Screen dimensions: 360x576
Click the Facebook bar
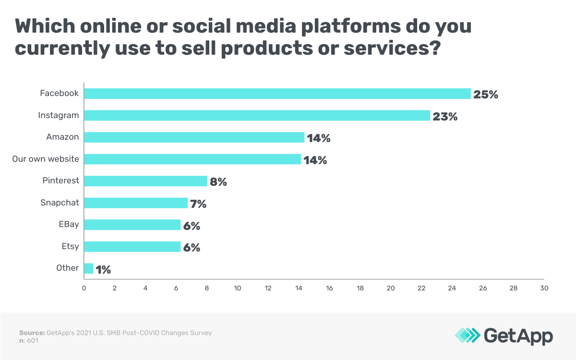tap(277, 94)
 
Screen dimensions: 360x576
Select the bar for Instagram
tap(257, 116)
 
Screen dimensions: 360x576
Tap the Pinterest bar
tap(145, 181)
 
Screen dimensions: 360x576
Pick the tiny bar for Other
tap(89, 268)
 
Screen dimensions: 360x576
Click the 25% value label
tap(486, 95)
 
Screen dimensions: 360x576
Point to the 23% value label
tap(445, 117)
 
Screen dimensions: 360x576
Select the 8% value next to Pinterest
tap(218, 182)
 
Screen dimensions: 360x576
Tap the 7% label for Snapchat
tap(198, 204)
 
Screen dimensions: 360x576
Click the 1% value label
tap(103, 270)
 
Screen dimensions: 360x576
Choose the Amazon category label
tap(62, 137)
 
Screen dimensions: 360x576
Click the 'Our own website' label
tap(46, 158)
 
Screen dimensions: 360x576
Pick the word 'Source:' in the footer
tap(32, 333)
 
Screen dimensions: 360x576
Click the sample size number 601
tap(33, 340)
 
